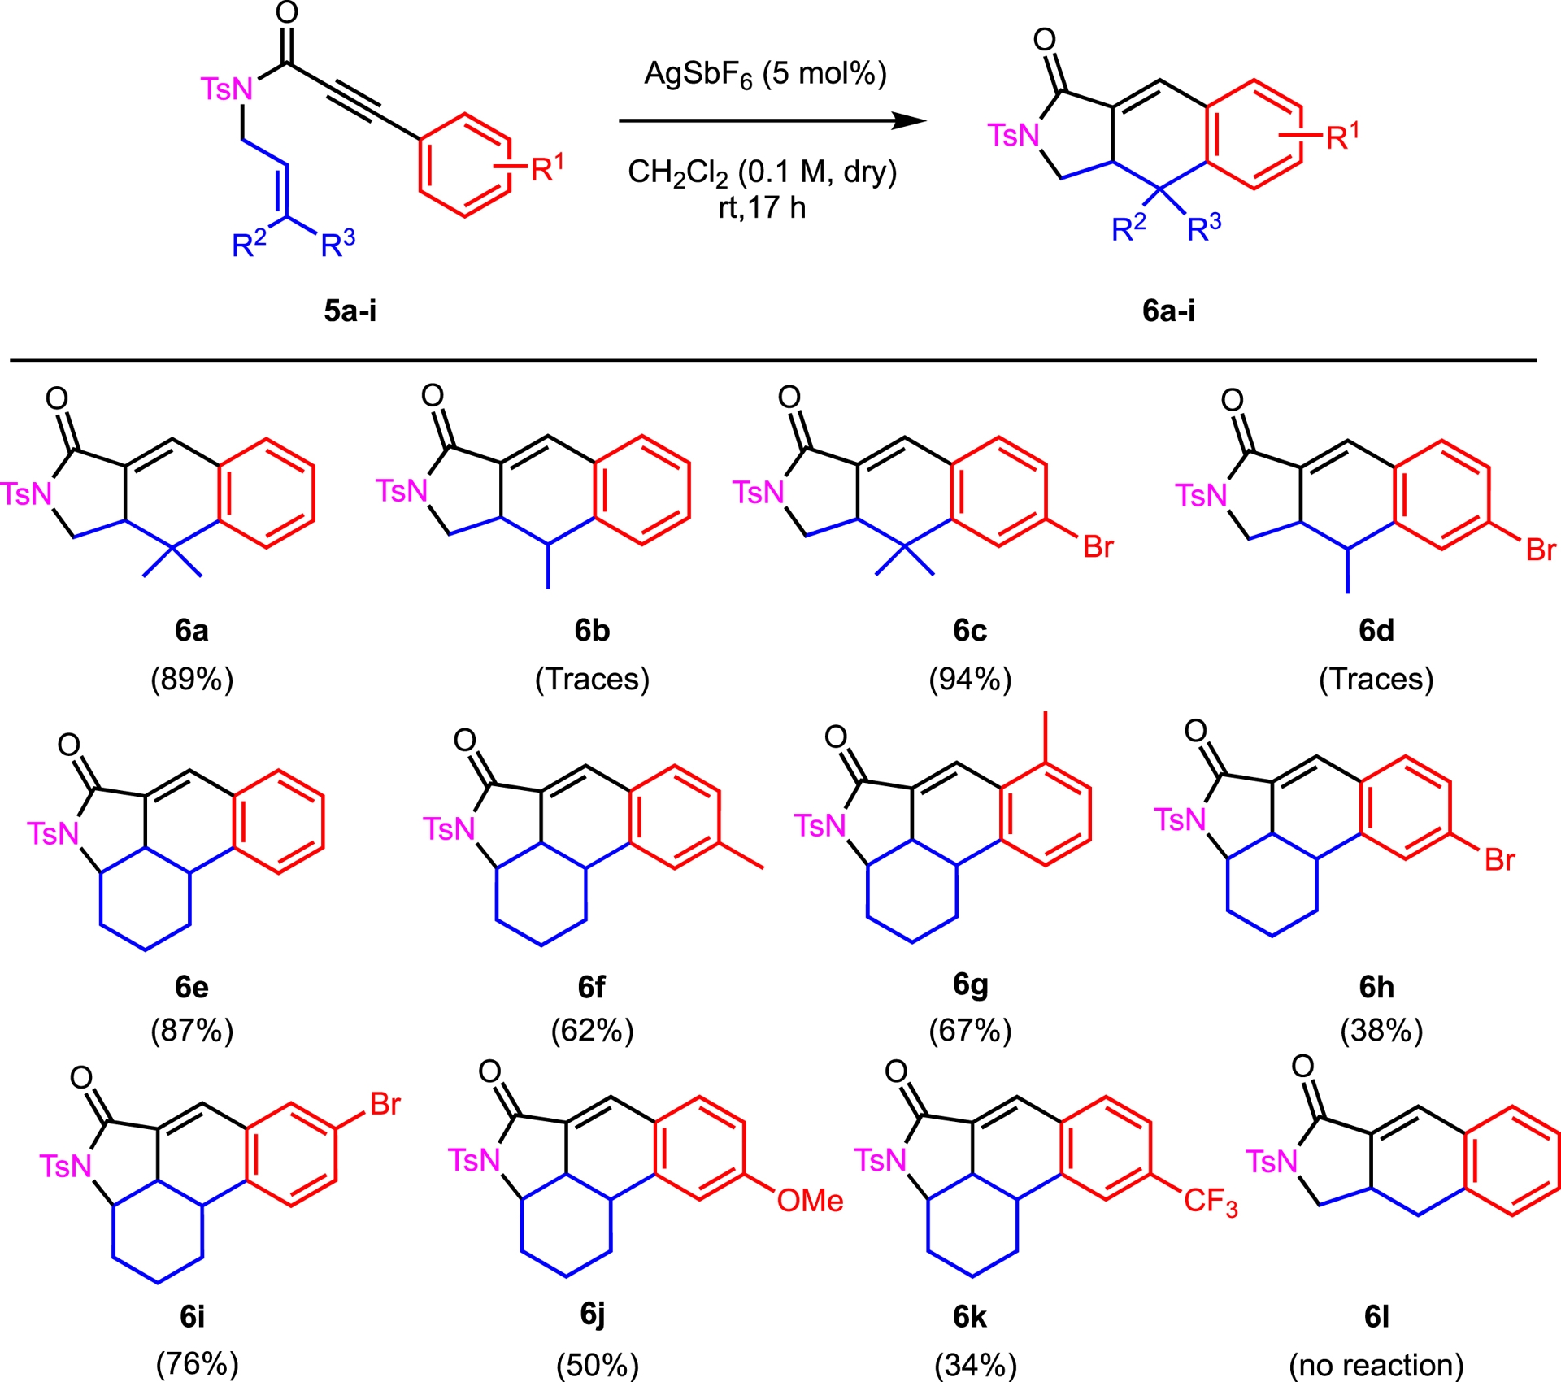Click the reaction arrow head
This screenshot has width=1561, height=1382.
click(x=911, y=121)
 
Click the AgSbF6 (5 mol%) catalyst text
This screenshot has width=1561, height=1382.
click(x=765, y=75)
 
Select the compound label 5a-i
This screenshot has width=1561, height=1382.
click(x=350, y=311)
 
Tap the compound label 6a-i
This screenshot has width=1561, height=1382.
click(x=1168, y=311)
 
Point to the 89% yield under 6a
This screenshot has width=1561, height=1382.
click(x=192, y=679)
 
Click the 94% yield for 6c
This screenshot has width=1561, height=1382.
click(x=970, y=679)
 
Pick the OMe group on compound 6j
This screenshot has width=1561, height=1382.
click(x=810, y=1201)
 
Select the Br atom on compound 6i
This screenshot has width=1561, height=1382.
click(x=385, y=1104)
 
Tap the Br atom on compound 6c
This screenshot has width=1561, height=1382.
click(x=1098, y=547)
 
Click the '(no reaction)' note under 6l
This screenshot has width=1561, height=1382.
click(x=1376, y=1365)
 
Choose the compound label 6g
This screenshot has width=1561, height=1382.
click(x=970, y=984)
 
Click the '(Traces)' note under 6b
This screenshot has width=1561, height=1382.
click(x=592, y=679)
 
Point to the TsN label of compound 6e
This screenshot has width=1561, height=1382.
click(x=53, y=833)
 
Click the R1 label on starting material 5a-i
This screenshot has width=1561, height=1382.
click(x=547, y=168)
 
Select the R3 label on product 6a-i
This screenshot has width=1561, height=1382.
click(x=1204, y=229)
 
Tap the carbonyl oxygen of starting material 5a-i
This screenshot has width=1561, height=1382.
click(x=286, y=13)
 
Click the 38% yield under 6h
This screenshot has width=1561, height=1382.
click(x=1381, y=1031)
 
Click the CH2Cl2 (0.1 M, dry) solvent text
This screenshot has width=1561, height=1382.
click(x=762, y=172)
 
